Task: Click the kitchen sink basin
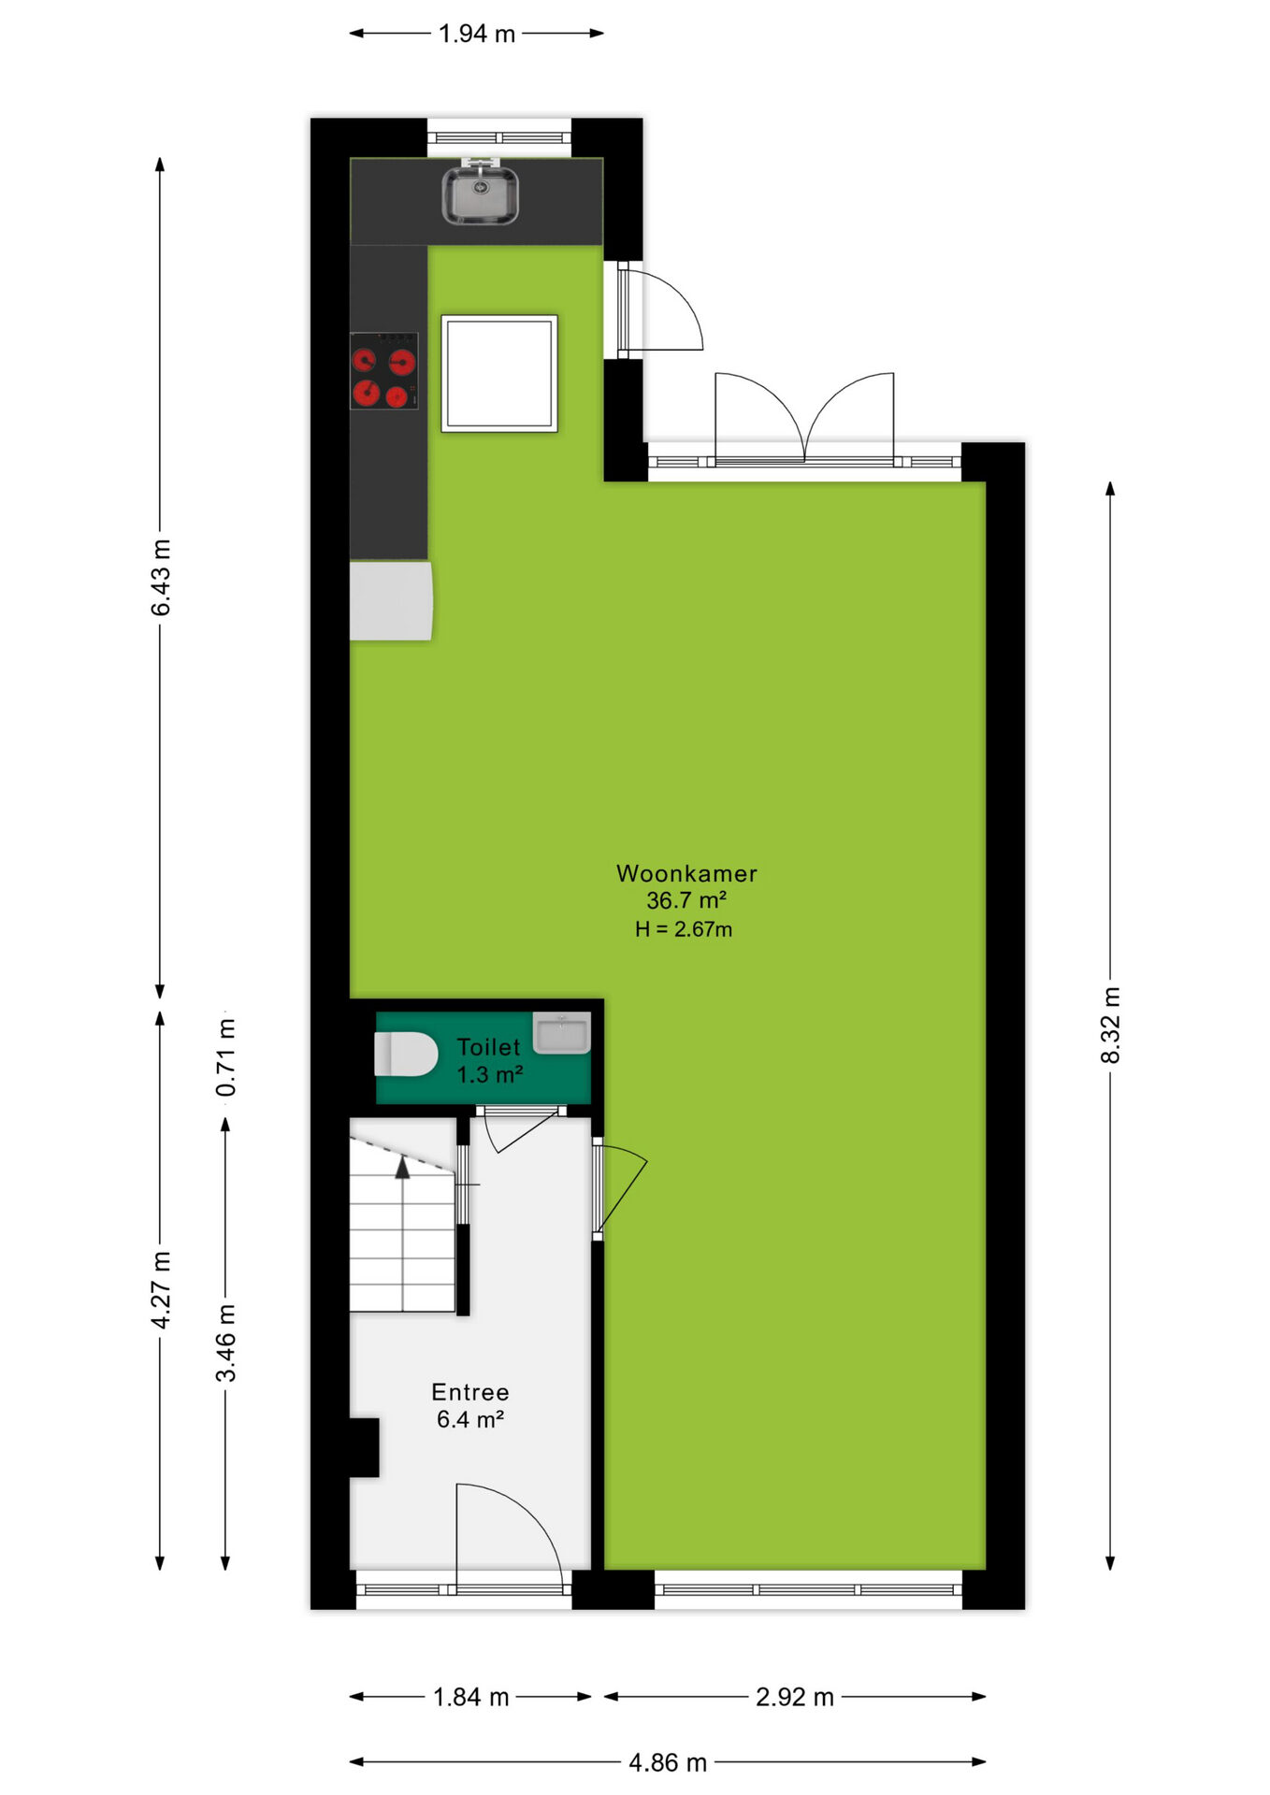480,195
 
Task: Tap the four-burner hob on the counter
383,370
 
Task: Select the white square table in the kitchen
499,373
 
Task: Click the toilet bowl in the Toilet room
406,1055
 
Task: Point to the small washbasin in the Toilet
561,1033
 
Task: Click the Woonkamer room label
686,873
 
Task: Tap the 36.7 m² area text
686,900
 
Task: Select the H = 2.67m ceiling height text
684,929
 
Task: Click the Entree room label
470,1392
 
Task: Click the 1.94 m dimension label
477,34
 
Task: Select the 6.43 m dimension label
161,578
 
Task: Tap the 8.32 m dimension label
1110,1025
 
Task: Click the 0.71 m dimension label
226,1057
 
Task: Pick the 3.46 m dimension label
226,1343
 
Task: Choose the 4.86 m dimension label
668,1763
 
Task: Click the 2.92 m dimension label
795,1697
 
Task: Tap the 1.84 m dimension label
471,1697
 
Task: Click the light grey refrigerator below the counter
391,600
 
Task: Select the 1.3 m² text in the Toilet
489,1074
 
